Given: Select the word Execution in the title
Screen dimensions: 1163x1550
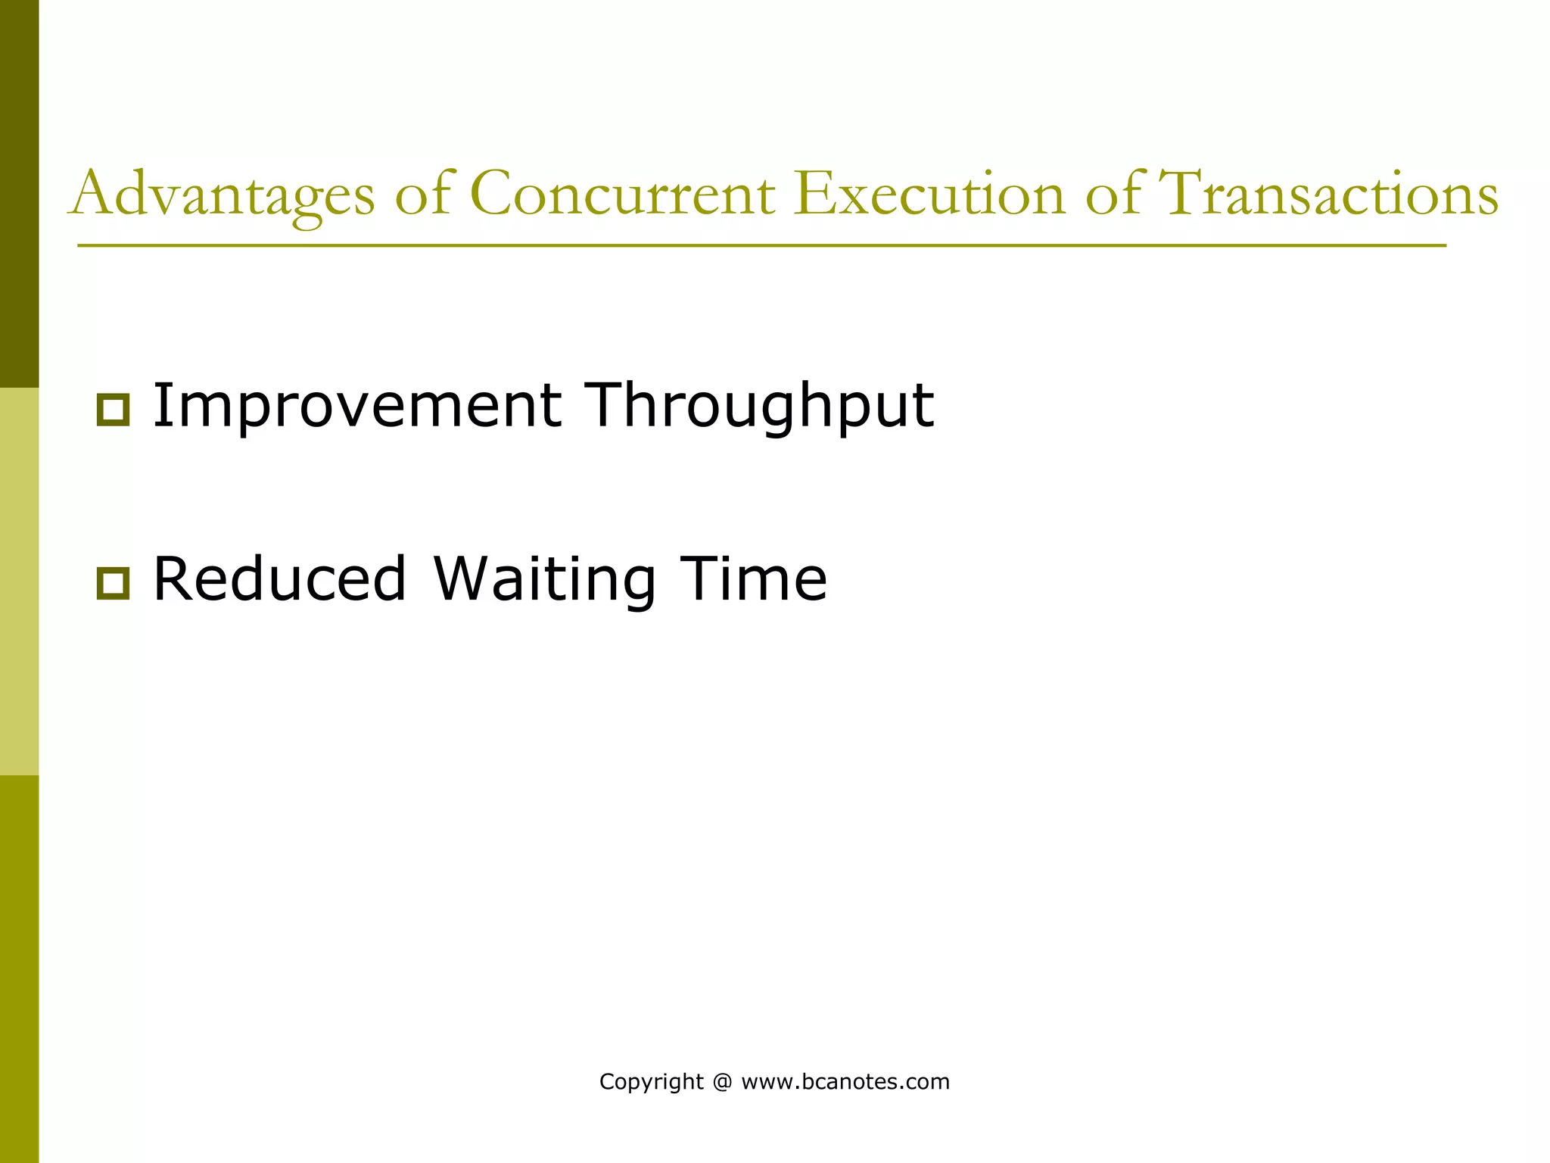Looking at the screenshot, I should pos(929,194).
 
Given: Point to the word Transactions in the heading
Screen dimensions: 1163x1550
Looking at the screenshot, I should pos(1328,194).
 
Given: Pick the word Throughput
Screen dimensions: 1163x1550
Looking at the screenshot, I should pos(761,407).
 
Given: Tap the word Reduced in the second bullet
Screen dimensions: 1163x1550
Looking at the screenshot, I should pos(280,579).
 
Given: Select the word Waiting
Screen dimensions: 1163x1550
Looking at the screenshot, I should pos(545,579).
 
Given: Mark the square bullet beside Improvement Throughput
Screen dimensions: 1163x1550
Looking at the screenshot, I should pos(113,410).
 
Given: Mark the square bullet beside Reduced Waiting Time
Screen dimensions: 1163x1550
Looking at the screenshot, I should pos(113,584).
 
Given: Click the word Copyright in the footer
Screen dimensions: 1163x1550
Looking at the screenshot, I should pos(651,1082).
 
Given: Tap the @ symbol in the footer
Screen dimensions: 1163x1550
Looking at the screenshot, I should pos(722,1082).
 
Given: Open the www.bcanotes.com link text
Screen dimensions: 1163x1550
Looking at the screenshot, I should pos(845,1082).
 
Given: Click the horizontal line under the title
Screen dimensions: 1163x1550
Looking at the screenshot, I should pos(761,245).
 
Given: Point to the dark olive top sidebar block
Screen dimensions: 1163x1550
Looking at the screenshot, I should pos(19,193).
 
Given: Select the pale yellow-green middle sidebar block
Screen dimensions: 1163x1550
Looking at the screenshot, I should pos(19,581).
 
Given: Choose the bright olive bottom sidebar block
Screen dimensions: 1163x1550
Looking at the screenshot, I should pos(19,969).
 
